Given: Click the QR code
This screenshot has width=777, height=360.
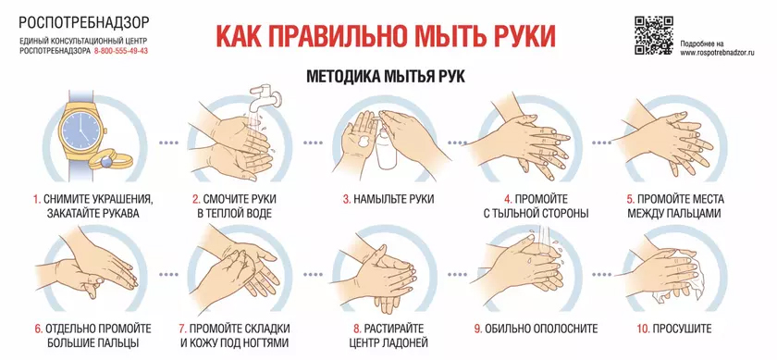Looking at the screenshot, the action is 654,35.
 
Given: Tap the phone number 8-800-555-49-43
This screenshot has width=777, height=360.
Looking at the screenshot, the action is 120,51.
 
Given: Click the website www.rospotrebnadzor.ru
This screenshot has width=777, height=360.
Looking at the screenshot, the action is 717,53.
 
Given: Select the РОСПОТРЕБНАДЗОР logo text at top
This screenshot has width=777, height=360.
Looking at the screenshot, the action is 84,22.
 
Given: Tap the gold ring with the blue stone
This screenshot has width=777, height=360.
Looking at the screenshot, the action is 107,161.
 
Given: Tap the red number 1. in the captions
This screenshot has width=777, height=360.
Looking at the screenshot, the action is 37,200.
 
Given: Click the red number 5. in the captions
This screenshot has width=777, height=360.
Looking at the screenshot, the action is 630,200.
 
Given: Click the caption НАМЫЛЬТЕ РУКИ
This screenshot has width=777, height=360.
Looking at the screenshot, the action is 394,200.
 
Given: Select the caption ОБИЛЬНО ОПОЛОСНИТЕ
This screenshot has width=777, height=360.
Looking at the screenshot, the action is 542,329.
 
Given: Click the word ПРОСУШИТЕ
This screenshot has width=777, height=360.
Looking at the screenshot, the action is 682,329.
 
